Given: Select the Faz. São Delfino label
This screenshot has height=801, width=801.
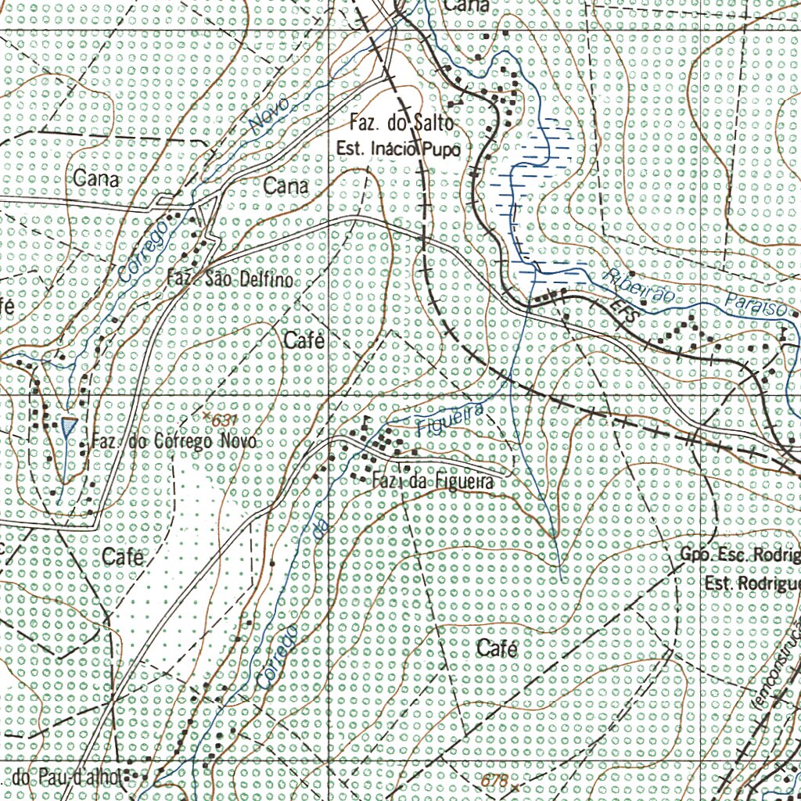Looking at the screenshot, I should [x=230, y=278].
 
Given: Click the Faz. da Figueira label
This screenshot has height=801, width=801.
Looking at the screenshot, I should [x=433, y=482].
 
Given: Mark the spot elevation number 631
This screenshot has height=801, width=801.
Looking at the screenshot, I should [x=224, y=420].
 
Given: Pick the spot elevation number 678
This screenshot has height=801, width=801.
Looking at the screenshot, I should [x=494, y=780].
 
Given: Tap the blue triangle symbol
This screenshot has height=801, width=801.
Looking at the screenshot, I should [x=69, y=427].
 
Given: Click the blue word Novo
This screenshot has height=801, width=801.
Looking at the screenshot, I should [x=269, y=116].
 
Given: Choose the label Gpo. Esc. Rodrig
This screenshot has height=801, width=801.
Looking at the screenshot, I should [x=740, y=555].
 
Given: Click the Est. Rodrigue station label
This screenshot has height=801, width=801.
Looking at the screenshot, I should [x=752, y=584].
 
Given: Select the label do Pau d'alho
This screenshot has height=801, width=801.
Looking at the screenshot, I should [x=66, y=778].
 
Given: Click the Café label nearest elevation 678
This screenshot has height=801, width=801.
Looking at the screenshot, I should [x=497, y=648].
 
